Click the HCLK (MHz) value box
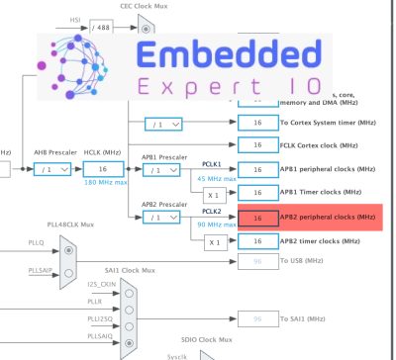point(102,170)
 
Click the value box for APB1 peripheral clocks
point(256,170)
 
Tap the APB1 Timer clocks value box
point(256,194)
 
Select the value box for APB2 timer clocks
point(256,240)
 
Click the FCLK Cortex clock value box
point(256,146)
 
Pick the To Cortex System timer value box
point(256,123)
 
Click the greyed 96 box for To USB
point(256,261)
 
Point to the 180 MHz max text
point(104,184)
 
